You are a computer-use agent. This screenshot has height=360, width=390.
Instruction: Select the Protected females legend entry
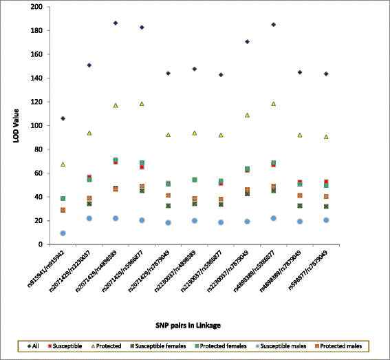click(x=223, y=345)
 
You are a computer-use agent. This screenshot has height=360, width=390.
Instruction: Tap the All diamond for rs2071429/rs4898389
click(x=116, y=23)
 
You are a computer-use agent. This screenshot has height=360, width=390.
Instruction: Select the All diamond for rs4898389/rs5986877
click(x=273, y=25)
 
